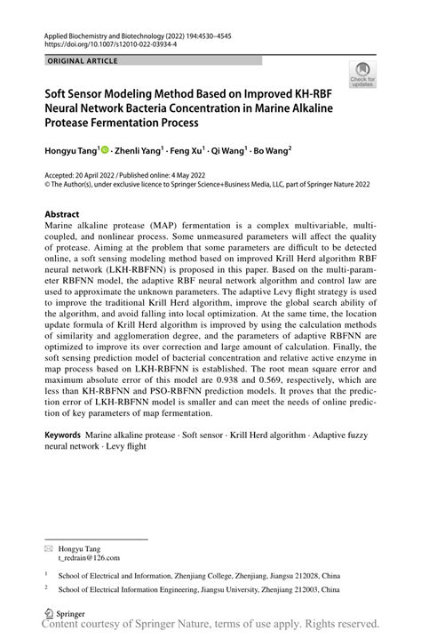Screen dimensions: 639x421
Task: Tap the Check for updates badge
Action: pyautogui.click(x=362, y=76)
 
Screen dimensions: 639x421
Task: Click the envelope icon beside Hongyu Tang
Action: pyautogui.click(x=49, y=547)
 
